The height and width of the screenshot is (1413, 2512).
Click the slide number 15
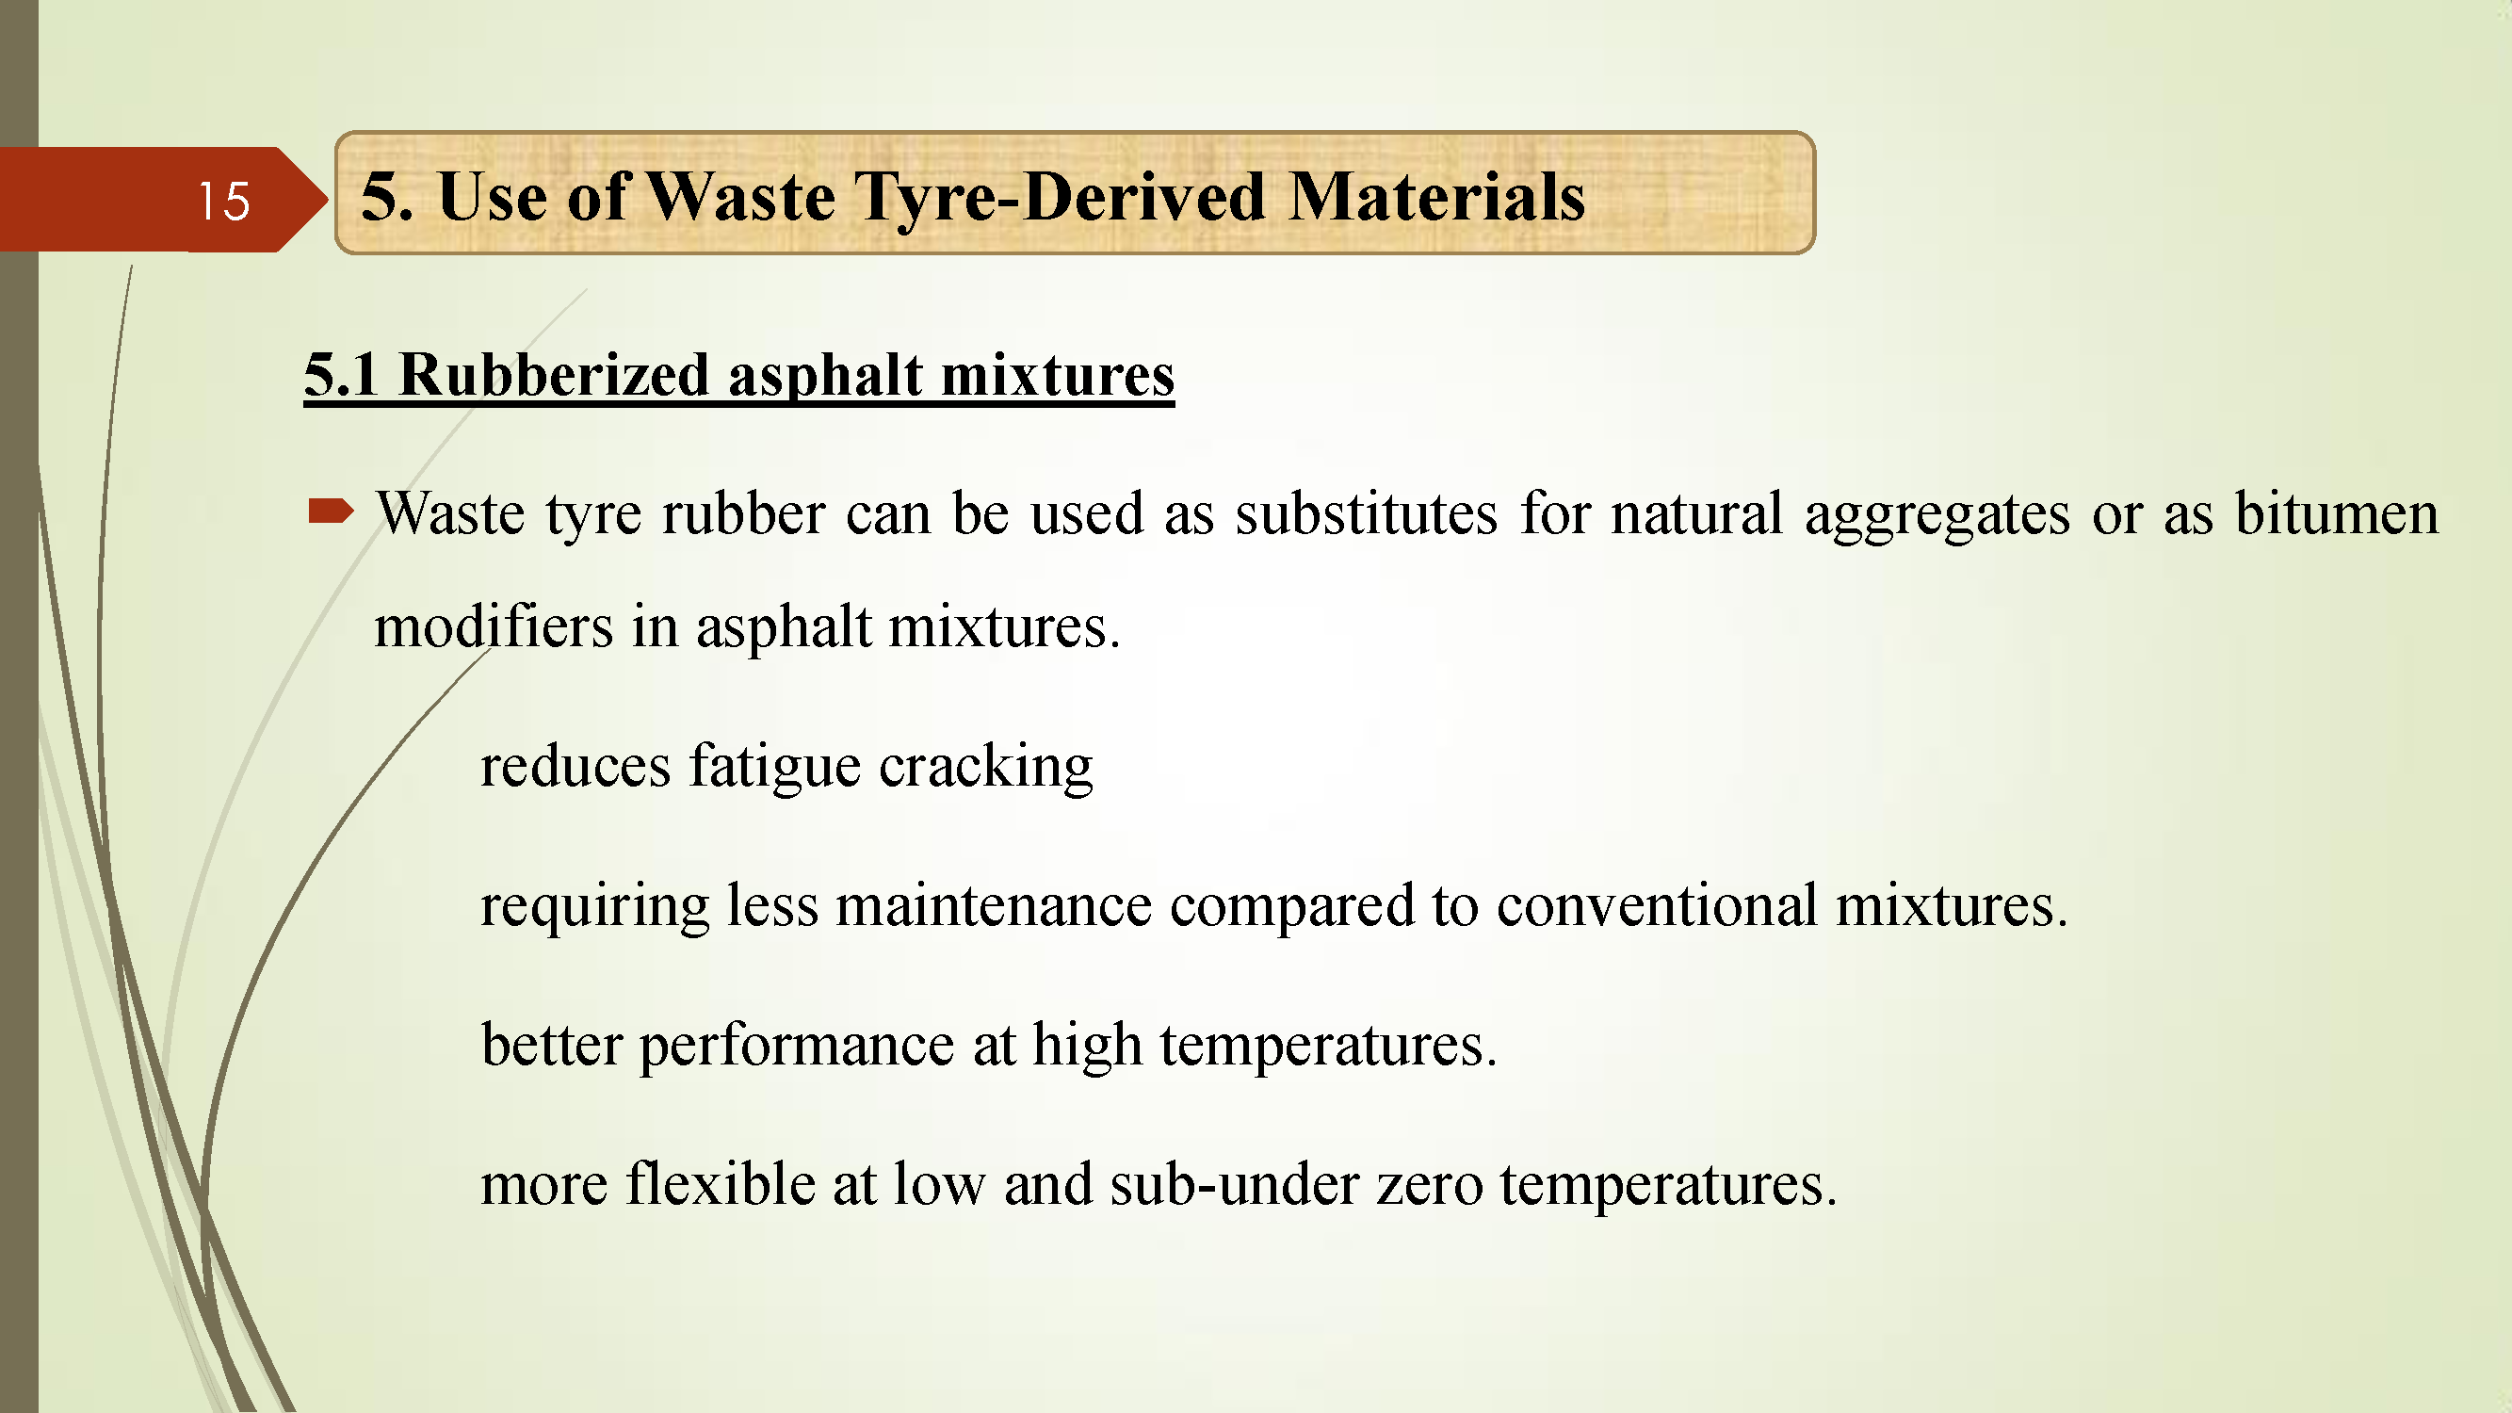[223, 201]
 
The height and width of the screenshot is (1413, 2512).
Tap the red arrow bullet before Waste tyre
[331, 510]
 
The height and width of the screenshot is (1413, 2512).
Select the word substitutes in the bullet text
[1366, 513]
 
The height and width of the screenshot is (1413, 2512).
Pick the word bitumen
[2337, 513]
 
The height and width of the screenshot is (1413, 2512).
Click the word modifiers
[494, 625]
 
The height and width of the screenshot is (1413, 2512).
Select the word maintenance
[994, 905]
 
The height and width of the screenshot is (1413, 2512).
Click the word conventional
[1657, 905]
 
